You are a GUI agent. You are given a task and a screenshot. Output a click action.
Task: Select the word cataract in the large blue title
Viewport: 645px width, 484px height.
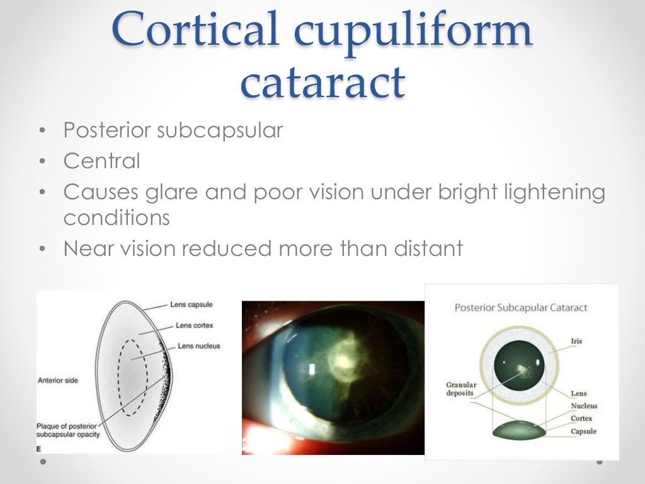pyautogui.click(x=322, y=83)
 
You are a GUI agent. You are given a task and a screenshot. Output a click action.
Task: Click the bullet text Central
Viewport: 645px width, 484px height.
pyautogui.click(x=101, y=161)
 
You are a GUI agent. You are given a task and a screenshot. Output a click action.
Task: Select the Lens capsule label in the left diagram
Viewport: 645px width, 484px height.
pyautogui.click(x=191, y=304)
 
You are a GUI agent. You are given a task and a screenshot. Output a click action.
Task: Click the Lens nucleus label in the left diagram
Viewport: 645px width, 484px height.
pyautogui.click(x=198, y=346)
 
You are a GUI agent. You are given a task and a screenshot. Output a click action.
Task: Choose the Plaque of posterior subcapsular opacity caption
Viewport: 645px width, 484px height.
pyautogui.click(x=70, y=430)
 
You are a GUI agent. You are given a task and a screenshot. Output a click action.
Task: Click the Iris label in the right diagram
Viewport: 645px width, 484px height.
pyautogui.click(x=576, y=341)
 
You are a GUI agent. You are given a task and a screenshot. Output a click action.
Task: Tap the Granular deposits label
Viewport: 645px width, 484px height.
pyautogui.click(x=461, y=389)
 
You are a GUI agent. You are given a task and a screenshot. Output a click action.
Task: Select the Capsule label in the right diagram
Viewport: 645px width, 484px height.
pyautogui.click(x=583, y=431)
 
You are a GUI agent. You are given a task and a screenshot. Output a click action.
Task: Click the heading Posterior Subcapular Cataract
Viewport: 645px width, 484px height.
pyautogui.click(x=521, y=308)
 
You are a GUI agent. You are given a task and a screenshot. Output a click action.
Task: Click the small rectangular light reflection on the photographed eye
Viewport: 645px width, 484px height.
pyautogui.click(x=313, y=367)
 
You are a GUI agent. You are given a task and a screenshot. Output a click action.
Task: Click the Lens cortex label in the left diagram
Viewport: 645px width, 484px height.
pyautogui.click(x=195, y=325)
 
